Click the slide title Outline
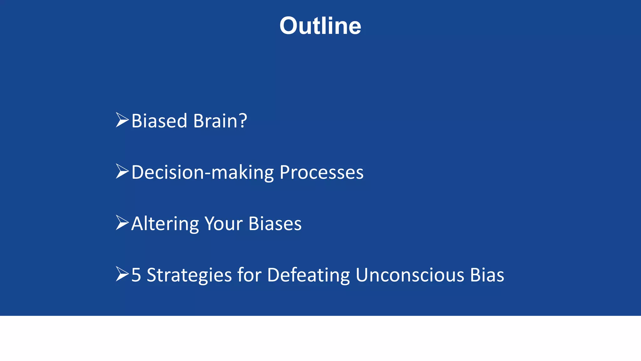320,26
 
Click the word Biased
159,121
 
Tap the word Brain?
220,121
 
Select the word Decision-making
203,173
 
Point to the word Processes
321,173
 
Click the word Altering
165,224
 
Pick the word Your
223,224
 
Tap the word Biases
275,224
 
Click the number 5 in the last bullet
136,275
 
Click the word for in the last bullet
249,275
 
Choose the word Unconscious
409,275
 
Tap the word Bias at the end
487,275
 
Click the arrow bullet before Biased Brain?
122,120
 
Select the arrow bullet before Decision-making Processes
122,171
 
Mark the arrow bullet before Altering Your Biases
122,223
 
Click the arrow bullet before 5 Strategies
122,274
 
